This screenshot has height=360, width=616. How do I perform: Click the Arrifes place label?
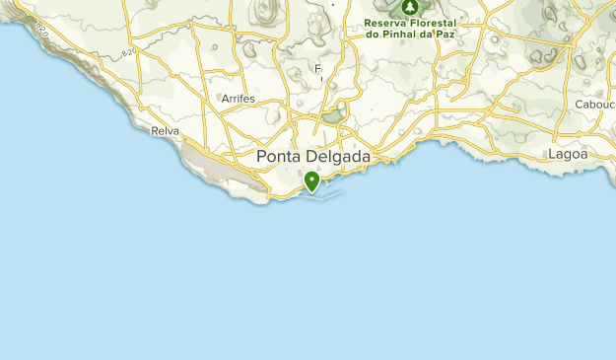coord(238,100)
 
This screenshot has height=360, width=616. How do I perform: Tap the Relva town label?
coord(165,130)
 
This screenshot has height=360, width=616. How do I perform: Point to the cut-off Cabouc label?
coord(594,104)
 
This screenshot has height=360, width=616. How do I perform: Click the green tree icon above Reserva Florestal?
coord(407,5)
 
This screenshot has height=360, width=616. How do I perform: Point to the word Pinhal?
coord(404,35)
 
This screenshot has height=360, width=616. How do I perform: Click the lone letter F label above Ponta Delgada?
coord(318,69)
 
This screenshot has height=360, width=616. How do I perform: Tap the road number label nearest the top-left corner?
coord(41,31)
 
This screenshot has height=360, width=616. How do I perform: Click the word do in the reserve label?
coord(372,35)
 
